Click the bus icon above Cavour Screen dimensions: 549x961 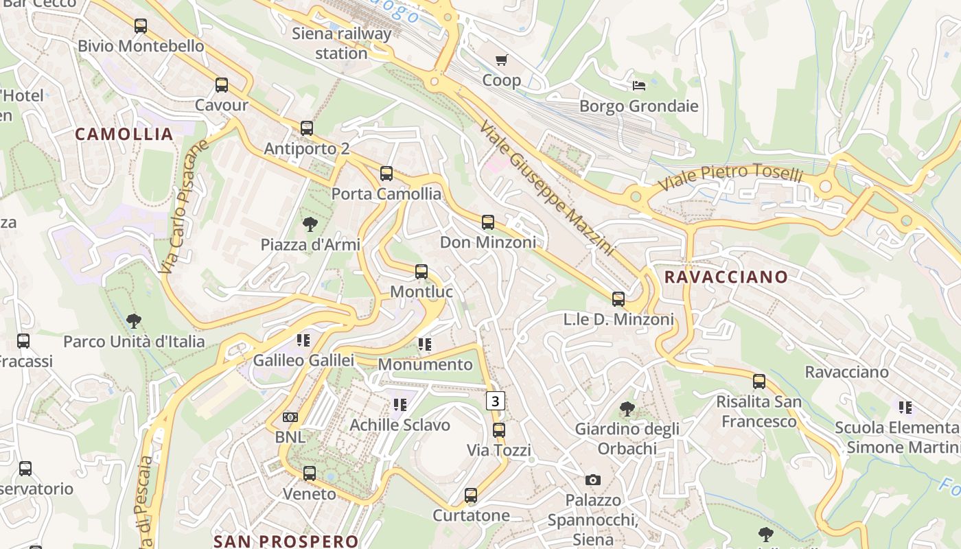(x=221, y=85)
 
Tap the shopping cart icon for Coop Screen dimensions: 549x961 (x=502, y=60)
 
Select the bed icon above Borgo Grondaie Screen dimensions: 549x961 (x=638, y=86)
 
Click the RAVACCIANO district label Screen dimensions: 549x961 (x=726, y=277)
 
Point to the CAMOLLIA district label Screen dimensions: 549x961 (x=124, y=135)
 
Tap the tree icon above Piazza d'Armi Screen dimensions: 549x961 (x=310, y=224)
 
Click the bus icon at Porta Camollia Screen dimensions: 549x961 (x=386, y=174)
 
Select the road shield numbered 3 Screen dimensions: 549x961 (x=496, y=400)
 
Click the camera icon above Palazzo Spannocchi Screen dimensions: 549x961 (x=593, y=480)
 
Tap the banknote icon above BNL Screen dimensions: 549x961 (x=290, y=417)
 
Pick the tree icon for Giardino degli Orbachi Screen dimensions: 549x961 (x=627, y=409)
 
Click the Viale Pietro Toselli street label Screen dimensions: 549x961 (x=730, y=176)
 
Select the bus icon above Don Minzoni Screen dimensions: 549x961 (x=488, y=222)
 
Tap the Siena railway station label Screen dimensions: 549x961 (x=342, y=43)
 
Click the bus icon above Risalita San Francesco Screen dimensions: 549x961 (x=759, y=382)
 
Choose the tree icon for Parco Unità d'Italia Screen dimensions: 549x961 (x=134, y=321)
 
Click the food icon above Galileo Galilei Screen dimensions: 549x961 (x=303, y=340)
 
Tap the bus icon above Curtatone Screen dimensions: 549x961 (x=471, y=495)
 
